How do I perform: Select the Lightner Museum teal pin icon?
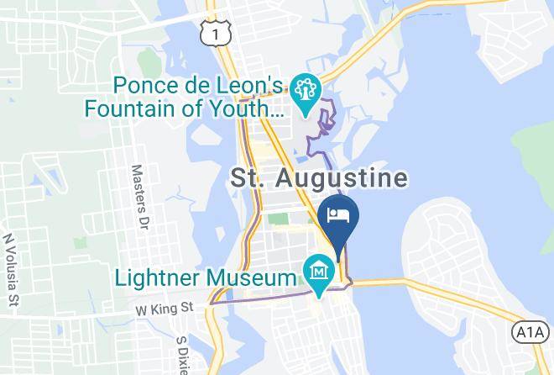point(320,273)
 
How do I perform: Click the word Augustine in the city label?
point(347,179)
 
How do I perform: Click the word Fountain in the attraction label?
point(142,108)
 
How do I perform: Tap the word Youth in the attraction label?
point(251,108)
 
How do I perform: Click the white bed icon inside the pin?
point(339,214)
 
